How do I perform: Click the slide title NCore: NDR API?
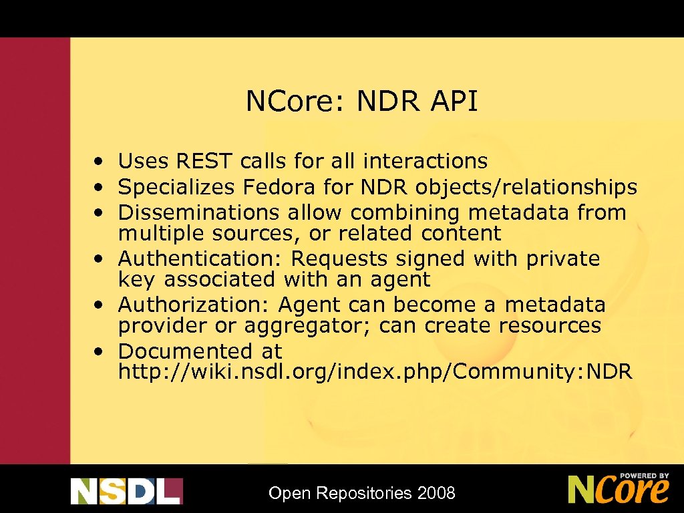tap(361, 102)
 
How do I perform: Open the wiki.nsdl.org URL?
tap(375, 371)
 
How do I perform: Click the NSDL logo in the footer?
tap(126, 491)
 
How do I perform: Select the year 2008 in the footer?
tap(436, 494)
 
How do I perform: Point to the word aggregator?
tap(309, 326)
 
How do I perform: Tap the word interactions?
tap(425, 161)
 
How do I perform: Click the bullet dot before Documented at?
tap(98, 351)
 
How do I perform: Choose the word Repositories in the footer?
tap(364, 494)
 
